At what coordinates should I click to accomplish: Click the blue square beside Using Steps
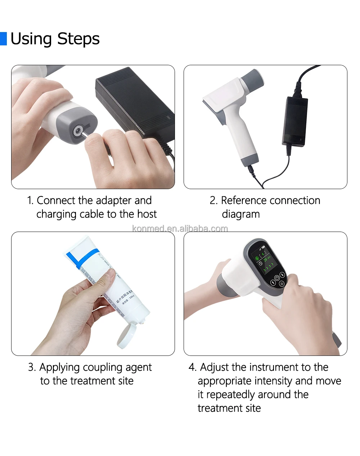pos(3,39)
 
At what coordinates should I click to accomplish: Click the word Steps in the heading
pos(78,39)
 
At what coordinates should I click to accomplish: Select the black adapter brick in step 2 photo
pos(295,121)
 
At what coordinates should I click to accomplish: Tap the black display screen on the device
pos(267,263)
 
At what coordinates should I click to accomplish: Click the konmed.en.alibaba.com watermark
pos(180,228)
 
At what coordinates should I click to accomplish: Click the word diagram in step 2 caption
pos(240,214)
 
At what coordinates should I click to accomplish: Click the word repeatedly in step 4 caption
pos(231,395)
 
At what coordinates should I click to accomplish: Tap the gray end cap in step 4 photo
pos(336,340)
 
